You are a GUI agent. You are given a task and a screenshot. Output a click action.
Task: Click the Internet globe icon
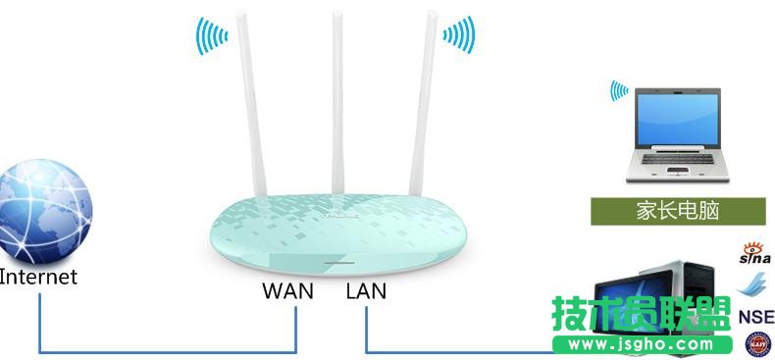tap(47, 211)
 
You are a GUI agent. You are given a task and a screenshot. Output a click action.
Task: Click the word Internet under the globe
tap(38, 277)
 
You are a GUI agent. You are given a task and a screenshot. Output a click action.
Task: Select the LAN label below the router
tap(366, 290)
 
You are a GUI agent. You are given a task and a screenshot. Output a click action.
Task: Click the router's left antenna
tap(254, 108)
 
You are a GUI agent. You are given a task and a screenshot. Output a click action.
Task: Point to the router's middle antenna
tap(336, 98)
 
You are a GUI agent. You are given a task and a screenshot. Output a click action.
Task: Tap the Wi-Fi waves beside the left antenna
tap(212, 37)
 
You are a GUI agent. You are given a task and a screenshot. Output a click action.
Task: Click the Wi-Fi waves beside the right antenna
tap(458, 35)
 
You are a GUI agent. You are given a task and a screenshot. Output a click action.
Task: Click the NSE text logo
tap(755, 316)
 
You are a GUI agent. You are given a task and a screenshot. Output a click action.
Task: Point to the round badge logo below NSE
tap(758, 343)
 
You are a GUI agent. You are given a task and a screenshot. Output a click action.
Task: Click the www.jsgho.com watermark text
tap(644, 344)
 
